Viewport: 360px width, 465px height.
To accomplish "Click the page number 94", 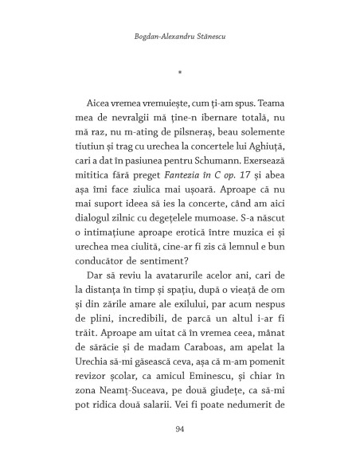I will tap(180, 431).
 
